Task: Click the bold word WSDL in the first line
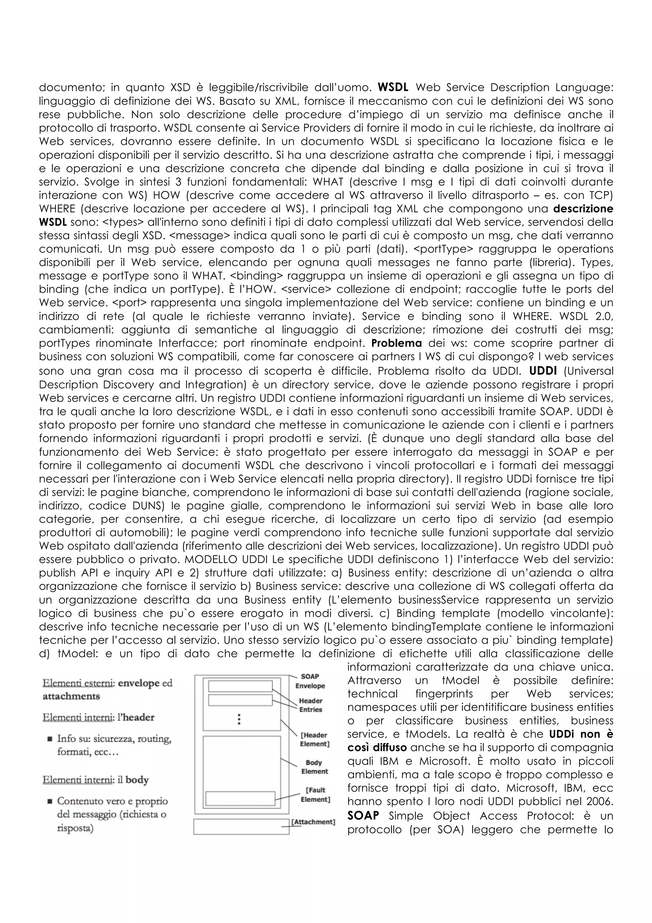(393, 87)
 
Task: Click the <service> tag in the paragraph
(304, 290)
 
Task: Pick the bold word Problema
(396, 343)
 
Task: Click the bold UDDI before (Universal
(543, 370)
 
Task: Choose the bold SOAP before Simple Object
(363, 816)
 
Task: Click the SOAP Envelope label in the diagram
(310, 681)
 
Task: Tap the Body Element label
(315, 767)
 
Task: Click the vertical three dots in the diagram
(239, 719)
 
